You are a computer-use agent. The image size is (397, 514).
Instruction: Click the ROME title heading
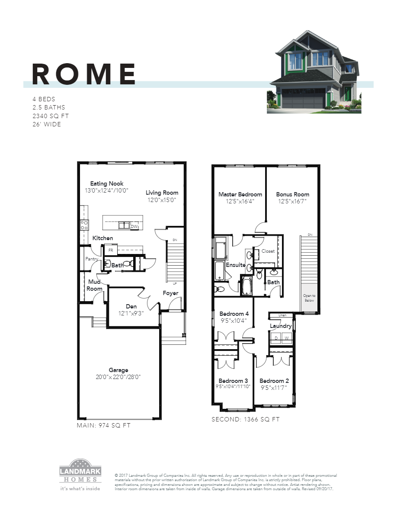click(84, 74)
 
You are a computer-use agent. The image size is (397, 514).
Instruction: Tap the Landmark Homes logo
click(80, 471)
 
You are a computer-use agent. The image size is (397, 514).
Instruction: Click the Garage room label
click(118, 370)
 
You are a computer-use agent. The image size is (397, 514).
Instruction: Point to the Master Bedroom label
click(240, 194)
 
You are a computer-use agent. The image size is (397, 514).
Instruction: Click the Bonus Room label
click(293, 194)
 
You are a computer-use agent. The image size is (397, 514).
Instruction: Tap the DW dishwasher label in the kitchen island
click(134, 226)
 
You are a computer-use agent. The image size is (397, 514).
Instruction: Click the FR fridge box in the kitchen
click(111, 250)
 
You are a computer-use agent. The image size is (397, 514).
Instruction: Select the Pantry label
click(92, 259)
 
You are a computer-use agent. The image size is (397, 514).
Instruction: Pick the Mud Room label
click(94, 285)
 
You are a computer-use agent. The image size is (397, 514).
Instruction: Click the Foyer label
click(170, 293)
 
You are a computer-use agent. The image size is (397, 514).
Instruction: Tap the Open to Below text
click(309, 298)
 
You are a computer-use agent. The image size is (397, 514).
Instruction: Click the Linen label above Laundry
click(282, 315)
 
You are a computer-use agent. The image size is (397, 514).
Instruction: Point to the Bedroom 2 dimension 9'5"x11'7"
click(274, 388)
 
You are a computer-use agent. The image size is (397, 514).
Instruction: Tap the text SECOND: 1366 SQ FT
click(245, 419)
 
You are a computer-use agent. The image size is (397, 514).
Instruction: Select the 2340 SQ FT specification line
click(50, 116)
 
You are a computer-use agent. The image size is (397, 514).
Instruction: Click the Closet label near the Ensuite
click(268, 251)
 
